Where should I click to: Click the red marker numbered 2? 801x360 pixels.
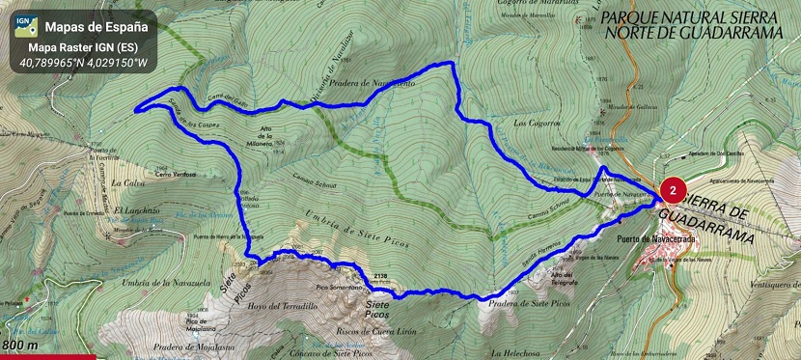[x=672, y=189]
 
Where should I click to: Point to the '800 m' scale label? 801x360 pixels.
[x=20, y=345]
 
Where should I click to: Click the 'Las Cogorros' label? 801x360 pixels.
[x=537, y=123]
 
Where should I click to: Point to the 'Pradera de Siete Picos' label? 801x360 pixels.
[x=529, y=303]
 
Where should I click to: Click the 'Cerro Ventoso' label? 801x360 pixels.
[x=176, y=174]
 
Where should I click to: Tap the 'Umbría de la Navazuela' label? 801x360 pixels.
[x=154, y=281]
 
